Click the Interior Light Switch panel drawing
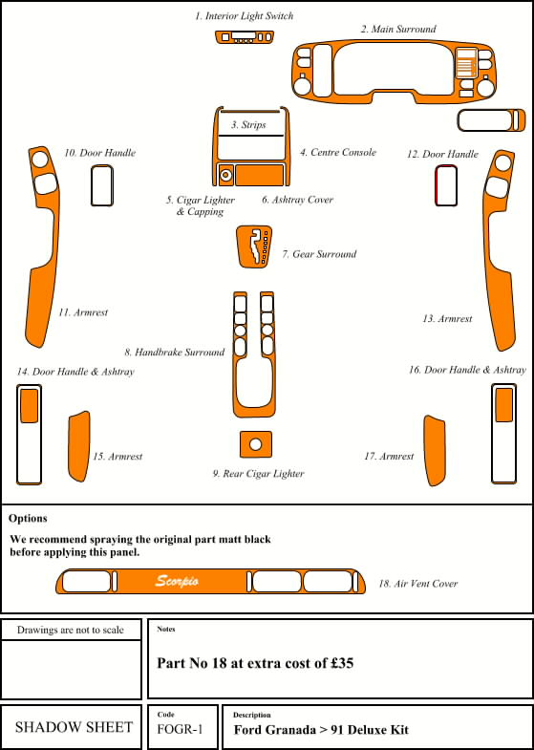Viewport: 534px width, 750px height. click(245, 37)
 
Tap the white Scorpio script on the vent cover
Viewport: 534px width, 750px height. click(177, 581)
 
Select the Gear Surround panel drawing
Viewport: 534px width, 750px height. click(254, 246)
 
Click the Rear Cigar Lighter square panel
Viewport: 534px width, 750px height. click(256, 444)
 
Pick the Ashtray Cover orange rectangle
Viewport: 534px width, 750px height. click(260, 175)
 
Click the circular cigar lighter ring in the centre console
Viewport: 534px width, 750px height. click(225, 175)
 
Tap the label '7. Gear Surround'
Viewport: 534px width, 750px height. click(319, 254)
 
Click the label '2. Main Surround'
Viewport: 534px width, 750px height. click(398, 30)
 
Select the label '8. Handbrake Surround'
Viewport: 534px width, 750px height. click(175, 353)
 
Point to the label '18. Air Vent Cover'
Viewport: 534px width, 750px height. click(418, 584)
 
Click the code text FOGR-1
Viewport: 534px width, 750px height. click(180, 729)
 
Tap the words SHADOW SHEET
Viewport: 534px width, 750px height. click(75, 727)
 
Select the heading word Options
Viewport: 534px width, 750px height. click(28, 519)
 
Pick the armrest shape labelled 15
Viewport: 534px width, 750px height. click(79, 446)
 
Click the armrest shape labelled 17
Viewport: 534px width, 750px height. click(435, 451)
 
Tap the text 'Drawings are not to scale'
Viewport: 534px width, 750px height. click(71, 630)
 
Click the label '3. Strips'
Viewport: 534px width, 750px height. click(248, 125)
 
